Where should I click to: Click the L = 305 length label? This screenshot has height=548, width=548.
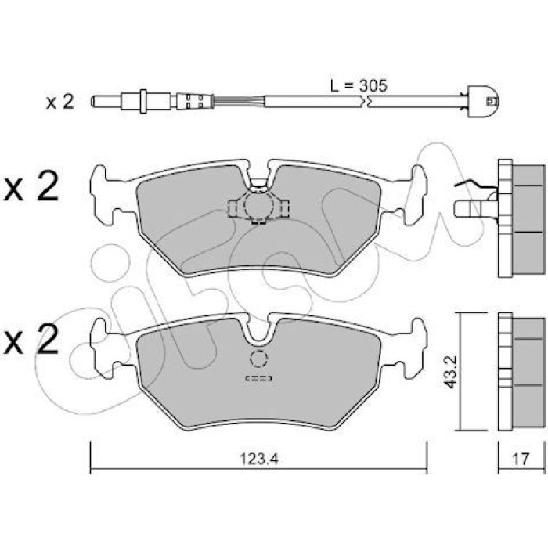[x=359, y=85]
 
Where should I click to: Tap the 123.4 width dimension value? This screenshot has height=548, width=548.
[x=259, y=459]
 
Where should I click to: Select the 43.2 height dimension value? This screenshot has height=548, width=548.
[x=451, y=372]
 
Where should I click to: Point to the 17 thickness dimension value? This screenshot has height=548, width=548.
[x=521, y=459]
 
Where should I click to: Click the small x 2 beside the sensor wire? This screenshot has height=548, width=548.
[x=59, y=102]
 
